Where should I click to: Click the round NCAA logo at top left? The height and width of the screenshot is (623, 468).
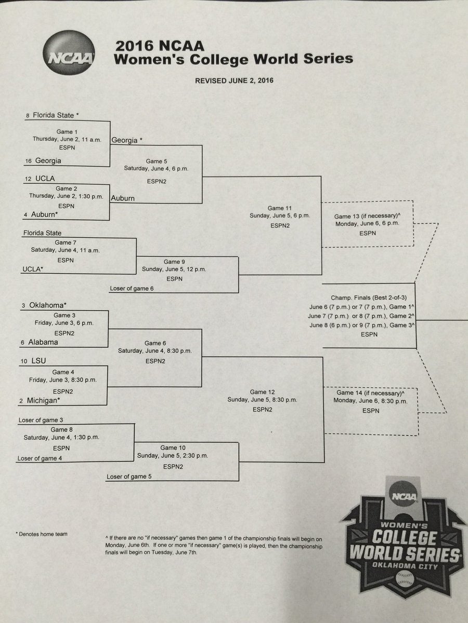click(69, 53)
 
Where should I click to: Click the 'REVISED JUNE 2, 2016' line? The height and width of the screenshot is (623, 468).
click(234, 80)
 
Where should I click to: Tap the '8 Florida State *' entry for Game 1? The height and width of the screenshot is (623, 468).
click(53, 115)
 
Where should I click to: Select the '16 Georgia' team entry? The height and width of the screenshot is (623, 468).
click(43, 160)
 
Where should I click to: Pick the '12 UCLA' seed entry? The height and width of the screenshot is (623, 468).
click(40, 179)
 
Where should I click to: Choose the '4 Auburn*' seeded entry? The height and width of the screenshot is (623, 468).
click(41, 214)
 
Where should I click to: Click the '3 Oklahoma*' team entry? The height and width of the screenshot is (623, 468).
click(44, 305)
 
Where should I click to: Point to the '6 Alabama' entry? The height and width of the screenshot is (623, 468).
click(39, 342)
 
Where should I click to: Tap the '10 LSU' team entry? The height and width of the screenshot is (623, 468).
click(33, 361)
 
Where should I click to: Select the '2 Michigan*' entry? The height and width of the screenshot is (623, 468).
click(40, 400)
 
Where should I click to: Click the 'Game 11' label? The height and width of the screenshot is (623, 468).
click(280, 208)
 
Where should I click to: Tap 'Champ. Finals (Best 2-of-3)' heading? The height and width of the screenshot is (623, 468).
click(369, 297)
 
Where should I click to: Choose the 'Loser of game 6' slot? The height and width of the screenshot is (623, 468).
click(132, 288)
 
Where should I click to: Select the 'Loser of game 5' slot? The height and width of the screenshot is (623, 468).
click(129, 477)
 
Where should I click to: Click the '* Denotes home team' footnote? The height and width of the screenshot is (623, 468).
click(42, 534)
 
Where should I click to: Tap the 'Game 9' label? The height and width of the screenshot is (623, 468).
click(174, 262)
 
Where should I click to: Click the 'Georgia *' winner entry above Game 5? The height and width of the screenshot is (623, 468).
click(127, 140)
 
